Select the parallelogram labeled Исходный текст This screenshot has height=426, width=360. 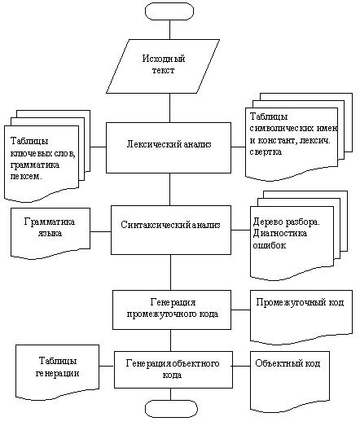163,66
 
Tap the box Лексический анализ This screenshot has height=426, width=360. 169,147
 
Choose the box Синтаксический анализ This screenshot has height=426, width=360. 171,230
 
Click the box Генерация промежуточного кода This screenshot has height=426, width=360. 172,310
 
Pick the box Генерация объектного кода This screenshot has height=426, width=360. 173,370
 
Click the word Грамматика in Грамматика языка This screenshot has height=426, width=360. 50,222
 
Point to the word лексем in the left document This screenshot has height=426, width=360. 26,177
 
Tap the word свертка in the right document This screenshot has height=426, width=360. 266,152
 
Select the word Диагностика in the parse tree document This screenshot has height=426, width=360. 280,234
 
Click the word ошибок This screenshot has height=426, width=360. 270,245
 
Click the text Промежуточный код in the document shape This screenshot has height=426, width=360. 300,302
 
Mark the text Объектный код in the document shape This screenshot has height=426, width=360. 288,363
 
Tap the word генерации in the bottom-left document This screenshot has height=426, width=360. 57,373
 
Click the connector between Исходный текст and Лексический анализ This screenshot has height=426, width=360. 169,108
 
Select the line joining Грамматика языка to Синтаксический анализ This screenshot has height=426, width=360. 100,232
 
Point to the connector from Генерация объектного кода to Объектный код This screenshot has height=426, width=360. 241,366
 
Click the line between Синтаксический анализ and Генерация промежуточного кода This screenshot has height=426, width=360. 170,272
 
